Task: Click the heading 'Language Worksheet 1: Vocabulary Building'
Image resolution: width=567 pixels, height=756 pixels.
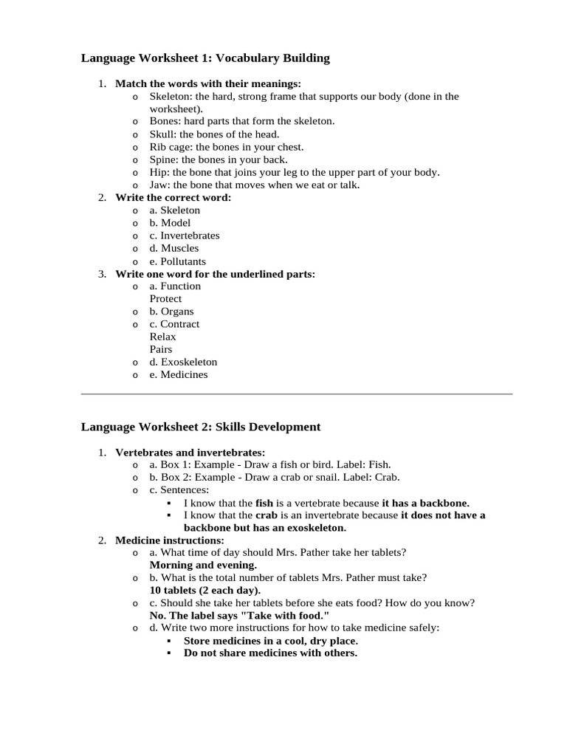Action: tap(205, 58)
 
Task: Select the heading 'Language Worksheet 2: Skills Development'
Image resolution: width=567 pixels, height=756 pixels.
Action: tap(201, 427)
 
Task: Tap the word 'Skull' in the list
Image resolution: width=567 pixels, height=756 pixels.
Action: tap(162, 134)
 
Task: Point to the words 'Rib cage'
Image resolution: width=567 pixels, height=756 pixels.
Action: tap(170, 147)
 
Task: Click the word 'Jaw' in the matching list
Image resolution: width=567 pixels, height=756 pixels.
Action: tap(159, 185)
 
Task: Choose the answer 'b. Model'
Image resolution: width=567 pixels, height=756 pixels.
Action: tap(170, 223)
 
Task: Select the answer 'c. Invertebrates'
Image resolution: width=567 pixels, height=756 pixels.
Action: tap(184, 236)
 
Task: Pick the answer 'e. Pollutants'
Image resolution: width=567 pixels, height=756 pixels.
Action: tap(177, 261)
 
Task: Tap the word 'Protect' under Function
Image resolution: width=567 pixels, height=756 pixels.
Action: tap(165, 299)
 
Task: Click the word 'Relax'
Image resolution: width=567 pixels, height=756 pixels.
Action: tap(162, 337)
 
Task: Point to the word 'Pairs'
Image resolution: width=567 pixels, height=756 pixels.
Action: tap(161, 349)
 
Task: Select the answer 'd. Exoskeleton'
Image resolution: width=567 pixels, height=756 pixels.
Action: tap(183, 362)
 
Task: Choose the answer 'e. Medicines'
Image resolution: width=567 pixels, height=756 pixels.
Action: tap(179, 375)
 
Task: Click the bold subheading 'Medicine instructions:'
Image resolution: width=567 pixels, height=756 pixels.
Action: tap(169, 540)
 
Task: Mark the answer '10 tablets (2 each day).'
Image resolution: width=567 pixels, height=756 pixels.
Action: tap(205, 591)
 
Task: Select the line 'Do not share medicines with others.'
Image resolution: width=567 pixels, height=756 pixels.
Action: tap(270, 653)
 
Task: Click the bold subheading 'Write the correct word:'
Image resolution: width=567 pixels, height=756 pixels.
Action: tap(173, 198)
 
